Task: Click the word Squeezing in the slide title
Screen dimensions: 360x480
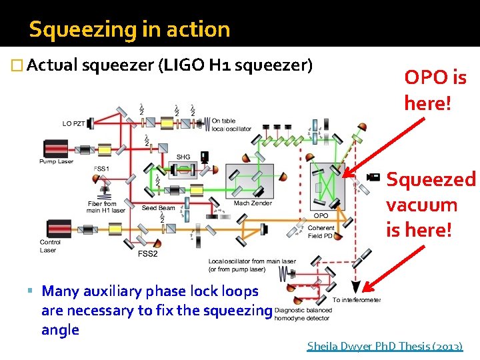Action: coord(72,29)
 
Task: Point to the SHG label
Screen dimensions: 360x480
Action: coord(183,157)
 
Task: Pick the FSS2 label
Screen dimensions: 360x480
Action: coord(147,254)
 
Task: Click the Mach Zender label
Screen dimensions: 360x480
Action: coord(253,203)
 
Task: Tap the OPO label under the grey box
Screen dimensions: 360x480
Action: coord(321,215)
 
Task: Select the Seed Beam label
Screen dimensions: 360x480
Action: coord(159,208)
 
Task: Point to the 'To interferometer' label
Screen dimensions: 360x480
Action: coord(357,300)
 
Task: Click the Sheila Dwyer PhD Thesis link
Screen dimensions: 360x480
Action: coord(384,346)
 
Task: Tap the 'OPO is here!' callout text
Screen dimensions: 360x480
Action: coord(435,91)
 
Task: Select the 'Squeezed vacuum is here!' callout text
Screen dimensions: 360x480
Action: coord(431,205)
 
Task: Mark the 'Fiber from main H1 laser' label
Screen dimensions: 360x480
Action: coord(106,207)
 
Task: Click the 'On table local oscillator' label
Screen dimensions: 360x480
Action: coord(231,125)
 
